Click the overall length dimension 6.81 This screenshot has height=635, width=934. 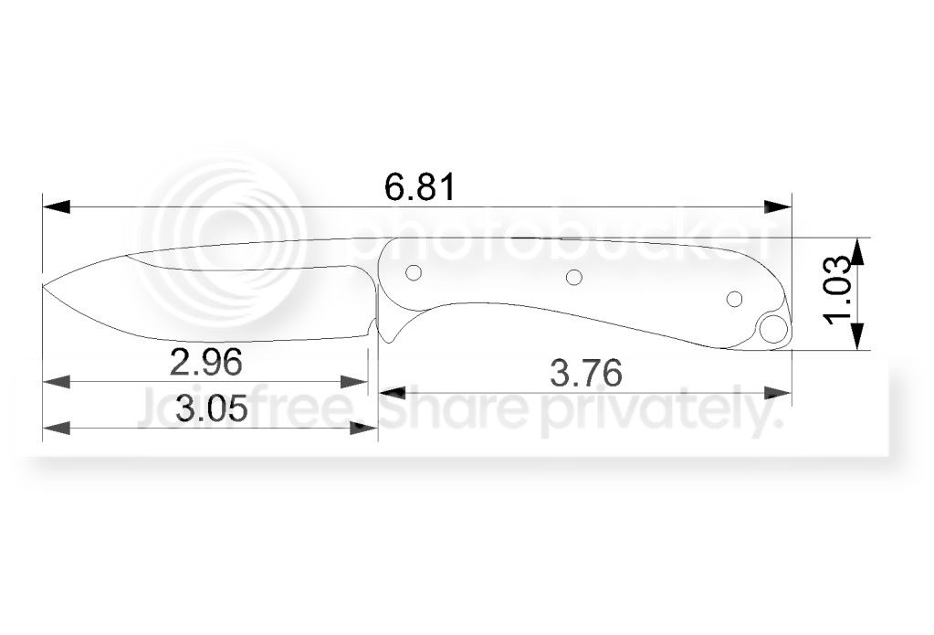click(x=419, y=188)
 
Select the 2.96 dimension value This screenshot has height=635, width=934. click(x=206, y=363)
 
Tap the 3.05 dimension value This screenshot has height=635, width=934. click(x=211, y=408)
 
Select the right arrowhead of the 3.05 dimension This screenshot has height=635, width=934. click(x=364, y=427)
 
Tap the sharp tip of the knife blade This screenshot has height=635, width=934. click(x=44, y=289)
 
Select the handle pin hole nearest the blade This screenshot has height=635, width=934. click(x=413, y=273)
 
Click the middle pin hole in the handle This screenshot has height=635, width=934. click(x=573, y=277)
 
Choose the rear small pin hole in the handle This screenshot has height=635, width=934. click(x=733, y=299)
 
